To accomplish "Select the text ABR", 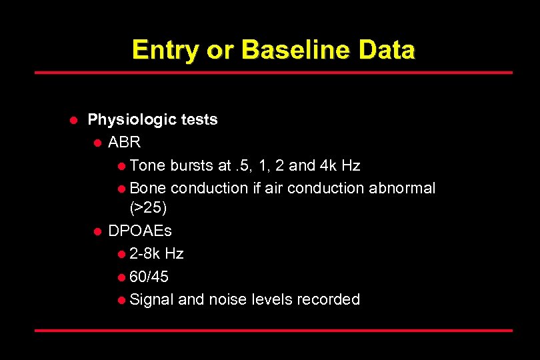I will click(x=125, y=143).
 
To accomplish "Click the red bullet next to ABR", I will click(x=97, y=143).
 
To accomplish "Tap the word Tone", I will click(x=147, y=165).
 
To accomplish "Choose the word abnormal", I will click(x=402, y=188).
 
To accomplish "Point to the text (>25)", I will click(x=148, y=208).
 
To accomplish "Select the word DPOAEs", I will click(x=140, y=231).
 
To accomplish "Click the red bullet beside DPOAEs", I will click(x=97, y=232).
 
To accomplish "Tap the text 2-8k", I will click(x=145, y=254).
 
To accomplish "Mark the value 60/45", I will click(x=149, y=277).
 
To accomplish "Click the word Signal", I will click(x=151, y=299).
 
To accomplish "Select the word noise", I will click(x=228, y=299).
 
